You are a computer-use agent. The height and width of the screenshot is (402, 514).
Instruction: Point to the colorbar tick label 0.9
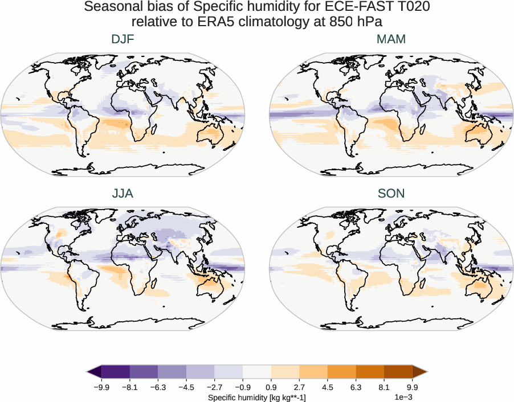coord(271,388)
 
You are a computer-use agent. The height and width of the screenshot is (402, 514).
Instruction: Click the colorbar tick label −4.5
coord(186,388)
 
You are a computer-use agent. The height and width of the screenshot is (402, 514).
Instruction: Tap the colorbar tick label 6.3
coord(356,388)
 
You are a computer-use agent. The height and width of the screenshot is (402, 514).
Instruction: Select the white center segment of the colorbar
coord(256,372)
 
